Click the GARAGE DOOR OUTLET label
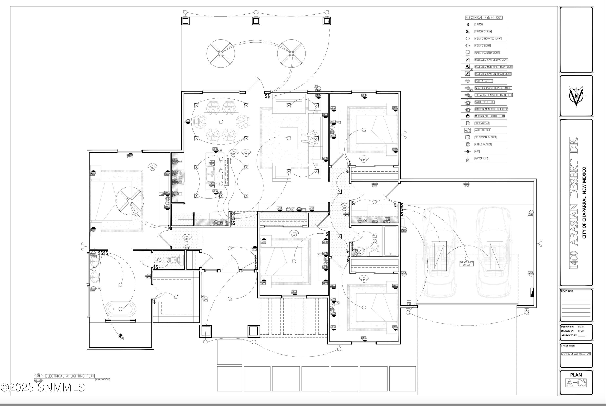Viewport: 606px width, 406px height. pyautogui.click(x=466, y=263)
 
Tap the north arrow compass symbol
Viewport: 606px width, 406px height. pyautogui.click(x=576, y=96)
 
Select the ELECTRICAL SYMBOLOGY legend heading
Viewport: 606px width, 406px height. pyautogui.click(x=484, y=18)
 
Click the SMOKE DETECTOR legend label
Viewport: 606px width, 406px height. pyautogui.click(x=484, y=102)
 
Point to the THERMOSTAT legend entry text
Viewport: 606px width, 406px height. pyautogui.click(x=482, y=123)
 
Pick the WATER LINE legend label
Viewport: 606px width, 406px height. pyautogui.click(x=481, y=158)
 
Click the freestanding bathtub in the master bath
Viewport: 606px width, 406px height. pyautogui.click(x=120, y=309)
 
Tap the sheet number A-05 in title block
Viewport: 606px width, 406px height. pyautogui.click(x=576, y=383)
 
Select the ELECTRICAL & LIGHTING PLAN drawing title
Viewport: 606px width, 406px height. pyautogui.click(x=70, y=376)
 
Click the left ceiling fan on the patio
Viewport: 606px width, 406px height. pyautogui.click(x=220, y=54)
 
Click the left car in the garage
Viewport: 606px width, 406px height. pyautogui.click(x=439, y=252)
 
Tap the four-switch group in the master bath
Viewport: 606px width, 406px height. pyautogui.click(x=103, y=253)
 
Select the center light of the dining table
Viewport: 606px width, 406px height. pyautogui.click(x=221, y=122)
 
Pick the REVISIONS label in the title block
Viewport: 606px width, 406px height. pyautogui.click(x=567, y=291)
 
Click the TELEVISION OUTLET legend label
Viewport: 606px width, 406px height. pyautogui.click(x=485, y=137)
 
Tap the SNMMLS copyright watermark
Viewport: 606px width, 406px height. pyautogui.click(x=43, y=388)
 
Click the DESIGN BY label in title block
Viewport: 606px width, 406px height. pyautogui.click(x=567, y=327)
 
